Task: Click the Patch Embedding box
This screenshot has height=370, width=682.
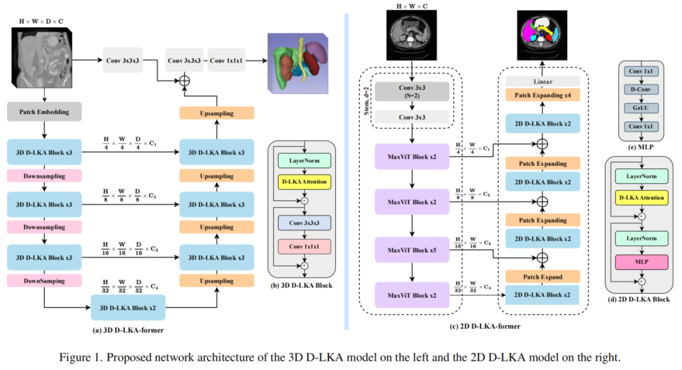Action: point(44,112)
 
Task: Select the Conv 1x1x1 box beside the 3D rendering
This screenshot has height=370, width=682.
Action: point(226,60)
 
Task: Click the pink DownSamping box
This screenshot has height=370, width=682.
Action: point(44,281)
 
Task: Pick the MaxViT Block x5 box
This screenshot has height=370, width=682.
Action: point(412,250)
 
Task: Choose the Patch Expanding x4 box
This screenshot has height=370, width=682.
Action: point(543,95)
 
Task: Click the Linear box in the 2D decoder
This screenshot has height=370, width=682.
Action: point(543,82)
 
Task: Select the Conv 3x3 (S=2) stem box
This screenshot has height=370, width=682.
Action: point(412,91)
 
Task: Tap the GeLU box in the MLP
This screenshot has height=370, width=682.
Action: point(641,108)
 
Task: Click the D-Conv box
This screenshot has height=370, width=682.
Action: point(641,89)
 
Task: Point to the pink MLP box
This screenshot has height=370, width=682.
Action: point(642,262)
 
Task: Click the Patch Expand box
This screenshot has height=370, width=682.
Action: point(543,277)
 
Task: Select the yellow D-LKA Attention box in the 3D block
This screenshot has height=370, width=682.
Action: point(304,182)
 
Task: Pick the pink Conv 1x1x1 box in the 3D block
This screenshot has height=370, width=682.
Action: point(304,247)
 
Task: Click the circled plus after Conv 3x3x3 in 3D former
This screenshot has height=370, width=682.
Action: point(184,80)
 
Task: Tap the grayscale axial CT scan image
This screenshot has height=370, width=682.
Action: point(412,35)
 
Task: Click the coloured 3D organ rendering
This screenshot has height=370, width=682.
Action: point(298,63)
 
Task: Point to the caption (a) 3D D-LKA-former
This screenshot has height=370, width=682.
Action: point(128,330)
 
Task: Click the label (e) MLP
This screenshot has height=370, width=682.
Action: point(641,147)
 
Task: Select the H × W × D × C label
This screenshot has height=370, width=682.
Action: point(41,21)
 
